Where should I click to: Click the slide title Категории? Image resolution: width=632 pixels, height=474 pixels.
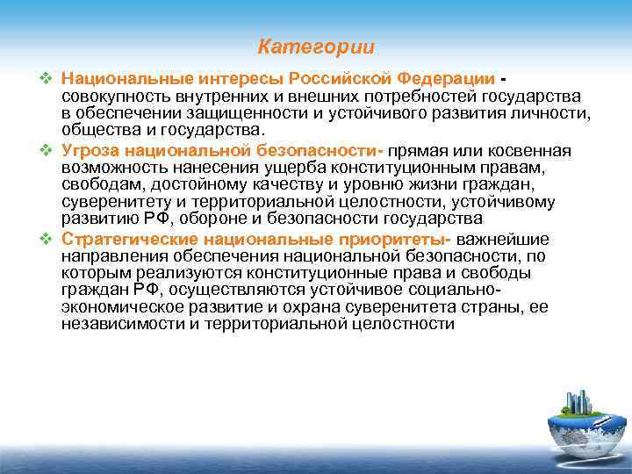[316, 46]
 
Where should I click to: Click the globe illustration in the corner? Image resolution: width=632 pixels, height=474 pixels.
[574, 425]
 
